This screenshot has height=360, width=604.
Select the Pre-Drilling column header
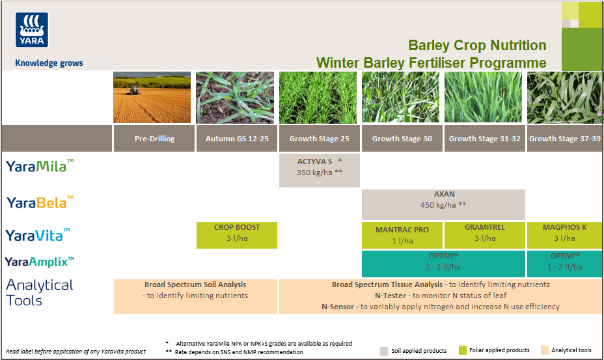tap(154, 139)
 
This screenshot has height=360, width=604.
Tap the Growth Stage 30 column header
tap(402, 139)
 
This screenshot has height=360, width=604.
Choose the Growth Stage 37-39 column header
tap(564, 139)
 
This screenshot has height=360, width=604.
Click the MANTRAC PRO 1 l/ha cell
tap(402, 235)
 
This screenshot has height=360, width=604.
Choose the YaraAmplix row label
tap(40, 262)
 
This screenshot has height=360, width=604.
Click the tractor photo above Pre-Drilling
tap(152, 98)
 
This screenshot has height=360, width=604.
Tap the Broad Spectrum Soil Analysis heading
tap(195, 284)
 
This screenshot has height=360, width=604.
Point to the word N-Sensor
tap(338, 307)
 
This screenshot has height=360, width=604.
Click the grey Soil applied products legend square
tap(383, 350)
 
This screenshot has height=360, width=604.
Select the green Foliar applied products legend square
tap(463, 350)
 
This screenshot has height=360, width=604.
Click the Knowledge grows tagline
tap(49, 63)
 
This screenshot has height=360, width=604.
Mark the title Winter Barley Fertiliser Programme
tap(431, 62)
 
